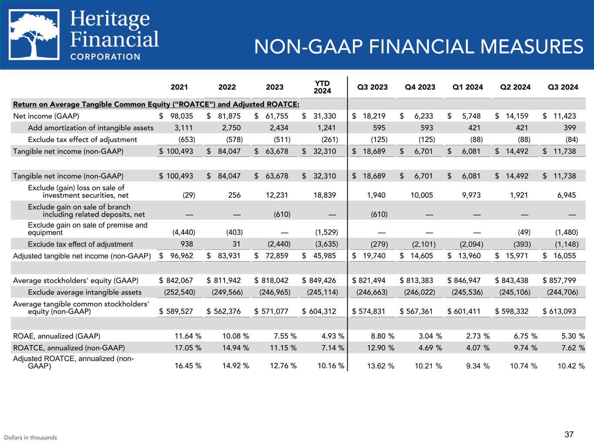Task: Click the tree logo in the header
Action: (35, 35)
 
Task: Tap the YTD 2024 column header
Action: (322, 87)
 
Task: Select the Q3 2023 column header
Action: (373, 87)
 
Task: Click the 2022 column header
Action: (227, 87)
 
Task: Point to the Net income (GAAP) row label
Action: (46, 116)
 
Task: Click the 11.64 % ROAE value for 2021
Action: (188, 336)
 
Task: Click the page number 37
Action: (569, 434)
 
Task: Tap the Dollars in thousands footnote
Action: (30, 438)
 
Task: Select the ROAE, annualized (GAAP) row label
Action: (57, 336)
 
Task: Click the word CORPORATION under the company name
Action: (105, 56)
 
